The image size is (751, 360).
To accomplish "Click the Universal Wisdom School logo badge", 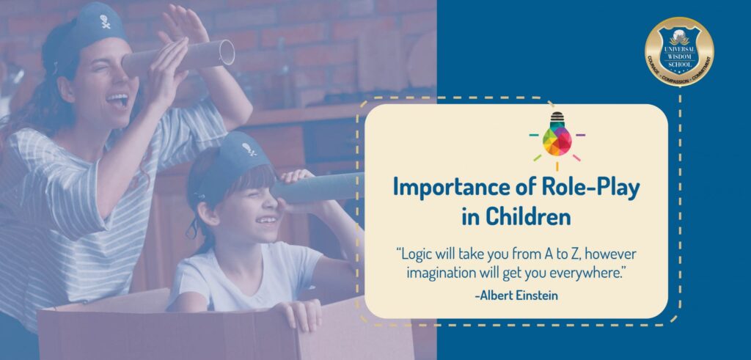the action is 679,52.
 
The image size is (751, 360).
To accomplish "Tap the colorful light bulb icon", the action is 557,136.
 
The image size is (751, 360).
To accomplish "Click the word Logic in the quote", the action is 413,254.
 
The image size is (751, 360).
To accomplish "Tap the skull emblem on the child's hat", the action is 249,150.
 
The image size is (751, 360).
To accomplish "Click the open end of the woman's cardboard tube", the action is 227,52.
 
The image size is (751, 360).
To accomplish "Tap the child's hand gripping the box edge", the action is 302,313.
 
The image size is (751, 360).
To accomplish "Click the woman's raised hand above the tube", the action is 184,25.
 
